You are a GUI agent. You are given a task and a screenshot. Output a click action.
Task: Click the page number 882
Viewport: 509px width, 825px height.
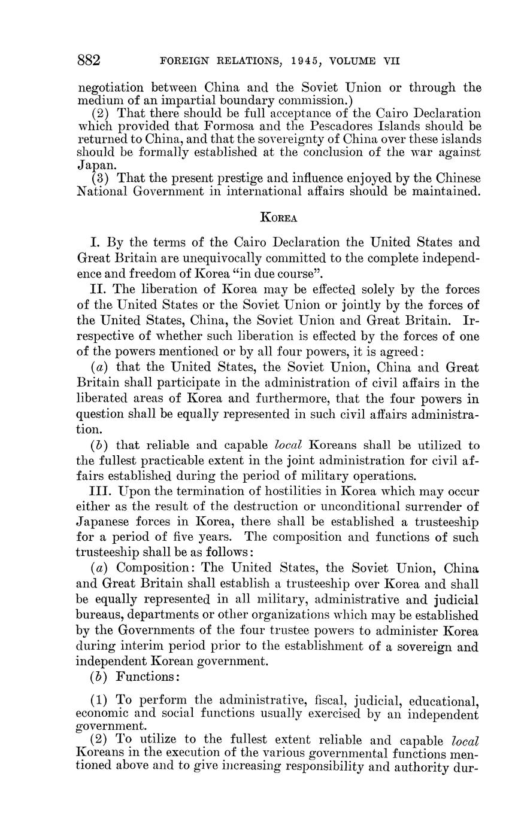click(89, 60)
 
